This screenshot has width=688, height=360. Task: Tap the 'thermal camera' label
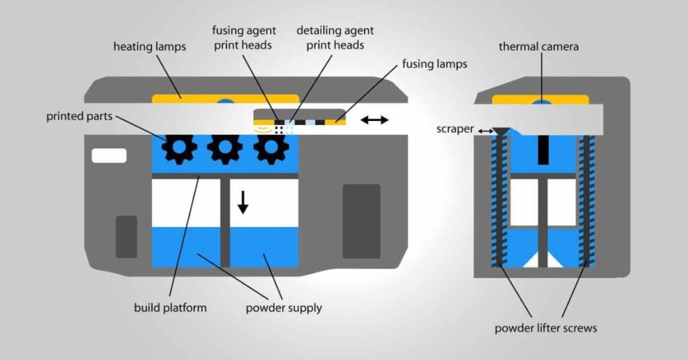[x=538, y=47]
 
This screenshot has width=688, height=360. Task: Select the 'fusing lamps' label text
[x=434, y=65]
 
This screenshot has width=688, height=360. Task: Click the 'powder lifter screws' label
[x=546, y=328]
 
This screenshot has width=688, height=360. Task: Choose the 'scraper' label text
[x=455, y=128]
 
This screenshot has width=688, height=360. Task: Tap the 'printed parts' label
[x=80, y=116]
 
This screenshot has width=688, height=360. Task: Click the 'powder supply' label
[x=284, y=308]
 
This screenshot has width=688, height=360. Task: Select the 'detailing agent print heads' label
[x=335, y=38]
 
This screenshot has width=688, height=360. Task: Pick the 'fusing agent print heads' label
[x=244, y=38]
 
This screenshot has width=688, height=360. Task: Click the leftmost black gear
[x=179, y=149]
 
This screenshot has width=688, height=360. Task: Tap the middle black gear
[x=224, y=149]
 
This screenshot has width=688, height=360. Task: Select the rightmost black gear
[x=270, y=149]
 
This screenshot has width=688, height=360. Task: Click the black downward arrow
[x=243, y=201]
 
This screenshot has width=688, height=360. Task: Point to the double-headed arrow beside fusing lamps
[x=374, y=120]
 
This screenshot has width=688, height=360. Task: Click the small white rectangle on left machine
[x=109, y=156]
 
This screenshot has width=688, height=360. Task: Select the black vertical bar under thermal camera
[x=541, y=148]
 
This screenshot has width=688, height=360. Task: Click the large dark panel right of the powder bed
[x=361, y=221]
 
